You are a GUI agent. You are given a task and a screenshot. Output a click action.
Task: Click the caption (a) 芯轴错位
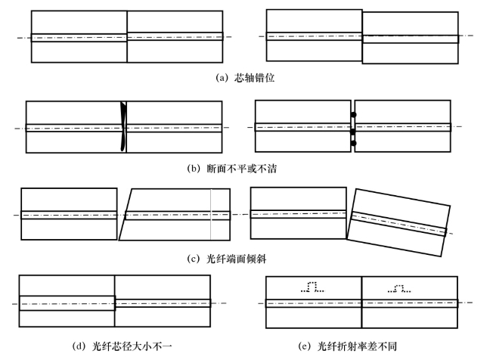click(246, 76)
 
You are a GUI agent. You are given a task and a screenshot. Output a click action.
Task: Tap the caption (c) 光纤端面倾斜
click(237, 258)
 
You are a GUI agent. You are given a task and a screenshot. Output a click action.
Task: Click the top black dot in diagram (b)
click(353, 115)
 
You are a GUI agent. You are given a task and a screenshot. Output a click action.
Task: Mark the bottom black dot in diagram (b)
click(353, 143)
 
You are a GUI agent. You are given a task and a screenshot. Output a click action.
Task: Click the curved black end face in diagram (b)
click(124, 126)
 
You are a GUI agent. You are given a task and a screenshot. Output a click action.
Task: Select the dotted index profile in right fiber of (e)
click(399, 288)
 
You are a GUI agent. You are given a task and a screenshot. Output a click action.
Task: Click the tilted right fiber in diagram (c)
click(396, 224)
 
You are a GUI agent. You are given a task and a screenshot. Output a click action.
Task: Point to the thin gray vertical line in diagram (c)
click(211, 216)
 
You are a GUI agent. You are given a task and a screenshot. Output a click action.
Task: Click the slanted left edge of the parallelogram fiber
click(126, 216)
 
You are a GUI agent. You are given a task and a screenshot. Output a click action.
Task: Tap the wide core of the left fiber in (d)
click(67, 303)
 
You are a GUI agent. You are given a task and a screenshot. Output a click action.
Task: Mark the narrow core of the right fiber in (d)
click(163, 303)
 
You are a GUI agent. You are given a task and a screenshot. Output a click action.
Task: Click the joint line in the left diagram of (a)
click(127, 37)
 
